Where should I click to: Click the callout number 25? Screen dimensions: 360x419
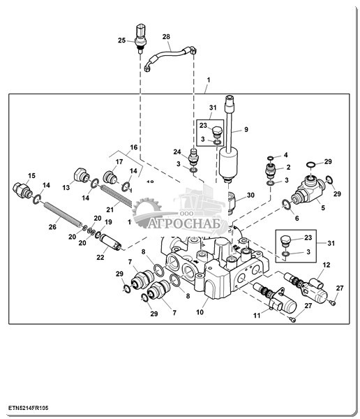tap(122, 41)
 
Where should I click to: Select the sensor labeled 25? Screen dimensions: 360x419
tap(140, 38)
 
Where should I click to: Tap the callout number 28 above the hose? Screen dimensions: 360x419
tap(166, 36)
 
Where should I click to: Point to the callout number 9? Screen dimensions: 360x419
tap(246, 129)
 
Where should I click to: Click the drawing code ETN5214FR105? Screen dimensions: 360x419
tap(29, 408)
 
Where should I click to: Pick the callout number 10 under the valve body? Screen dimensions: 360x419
tap(200, 312)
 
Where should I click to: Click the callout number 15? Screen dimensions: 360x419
tap(31, 175)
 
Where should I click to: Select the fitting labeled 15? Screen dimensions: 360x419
tap(22, 190)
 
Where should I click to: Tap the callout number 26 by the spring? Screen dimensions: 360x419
tap(52, 227)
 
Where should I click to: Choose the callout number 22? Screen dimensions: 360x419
tap(100, 257)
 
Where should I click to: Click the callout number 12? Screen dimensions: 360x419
tap(327, 265)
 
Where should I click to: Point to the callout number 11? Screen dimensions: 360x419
tap(257, 316)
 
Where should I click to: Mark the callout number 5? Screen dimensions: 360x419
tap(323, 207)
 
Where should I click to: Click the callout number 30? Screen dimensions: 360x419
tap(250, 196)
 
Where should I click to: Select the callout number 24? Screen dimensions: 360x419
tap(177, 152)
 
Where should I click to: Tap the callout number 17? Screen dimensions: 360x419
tap(119, 162)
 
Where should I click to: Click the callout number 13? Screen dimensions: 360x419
tap(66, 188)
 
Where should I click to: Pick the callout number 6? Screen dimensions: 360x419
tap(297, 219)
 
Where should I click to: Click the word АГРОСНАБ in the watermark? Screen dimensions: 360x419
tap(184, 223)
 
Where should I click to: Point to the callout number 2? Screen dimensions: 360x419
tap(288, 168)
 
